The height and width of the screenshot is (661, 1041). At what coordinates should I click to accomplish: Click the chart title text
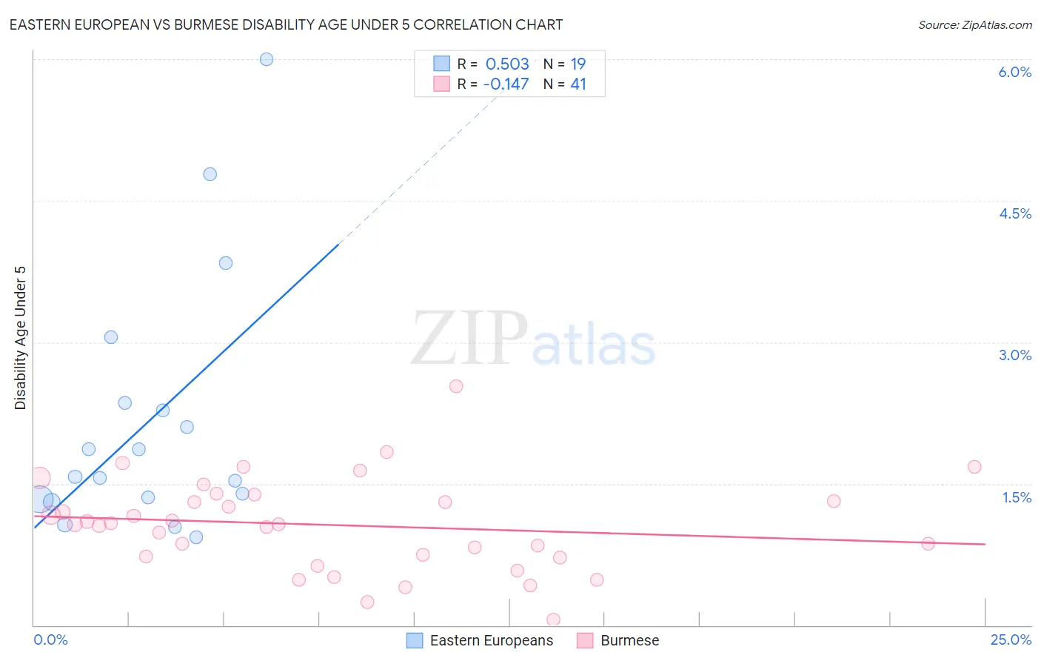(286, 24)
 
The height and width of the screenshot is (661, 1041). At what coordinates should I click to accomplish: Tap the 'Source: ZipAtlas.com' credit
(974, 24)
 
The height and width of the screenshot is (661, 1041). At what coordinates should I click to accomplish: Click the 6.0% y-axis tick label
(1014, 72)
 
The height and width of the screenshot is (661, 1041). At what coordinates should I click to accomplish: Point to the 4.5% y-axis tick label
(1014, 213)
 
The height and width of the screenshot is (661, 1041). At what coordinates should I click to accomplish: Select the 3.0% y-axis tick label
(1014, 355)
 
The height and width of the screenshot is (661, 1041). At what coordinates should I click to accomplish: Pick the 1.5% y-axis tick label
(1017, 497)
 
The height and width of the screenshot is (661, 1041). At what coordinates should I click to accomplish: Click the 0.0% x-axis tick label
(50, 640)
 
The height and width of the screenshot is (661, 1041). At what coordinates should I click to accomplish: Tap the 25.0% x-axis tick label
(1010, 640)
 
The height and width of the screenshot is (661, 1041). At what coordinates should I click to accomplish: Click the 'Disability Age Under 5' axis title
(21, 337)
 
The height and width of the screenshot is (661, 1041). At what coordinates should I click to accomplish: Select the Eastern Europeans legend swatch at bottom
(415, 640)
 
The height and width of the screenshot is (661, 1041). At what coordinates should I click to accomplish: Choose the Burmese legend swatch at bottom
(585, 640)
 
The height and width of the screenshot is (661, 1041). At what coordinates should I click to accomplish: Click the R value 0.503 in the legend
(507, 64)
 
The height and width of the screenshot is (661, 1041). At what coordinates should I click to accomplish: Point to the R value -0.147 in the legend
(506, 84)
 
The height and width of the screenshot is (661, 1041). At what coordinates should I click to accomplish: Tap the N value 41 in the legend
(578, 84)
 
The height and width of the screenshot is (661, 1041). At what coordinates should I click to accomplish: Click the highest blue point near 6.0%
(267, 59)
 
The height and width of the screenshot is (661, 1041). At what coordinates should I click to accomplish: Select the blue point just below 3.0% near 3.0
(111, 337)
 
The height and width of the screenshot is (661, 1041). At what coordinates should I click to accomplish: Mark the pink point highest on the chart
(456, 386)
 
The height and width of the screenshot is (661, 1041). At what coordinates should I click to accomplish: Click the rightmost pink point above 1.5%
(974, 467)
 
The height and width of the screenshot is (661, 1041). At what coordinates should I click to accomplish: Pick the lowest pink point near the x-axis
(553, 620)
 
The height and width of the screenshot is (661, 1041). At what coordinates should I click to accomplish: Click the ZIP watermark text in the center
(469, 339)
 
